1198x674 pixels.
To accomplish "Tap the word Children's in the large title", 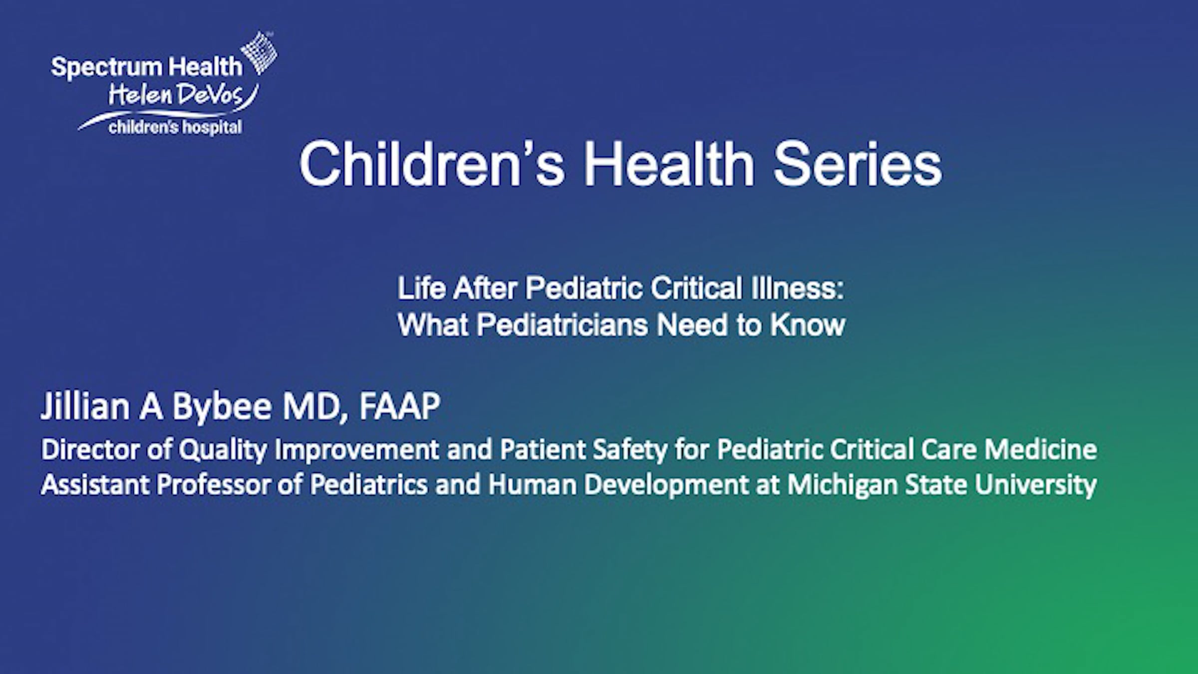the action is click(x=432, y=164).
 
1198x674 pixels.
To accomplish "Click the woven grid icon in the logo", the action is click(x=259, y=53).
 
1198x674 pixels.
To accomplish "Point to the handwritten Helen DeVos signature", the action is click(x=183, y=95).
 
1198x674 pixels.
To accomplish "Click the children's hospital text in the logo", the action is click(x=175, y=127).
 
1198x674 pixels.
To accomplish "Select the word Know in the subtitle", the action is click(x=807, y=325).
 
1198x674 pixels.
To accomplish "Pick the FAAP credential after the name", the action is click(x=399, y=406).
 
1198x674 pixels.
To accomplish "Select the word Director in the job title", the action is click(x=90, y=449).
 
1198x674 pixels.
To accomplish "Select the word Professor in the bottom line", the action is click(x=213, y=485).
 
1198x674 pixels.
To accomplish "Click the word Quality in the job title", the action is click(x=223, y=450).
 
